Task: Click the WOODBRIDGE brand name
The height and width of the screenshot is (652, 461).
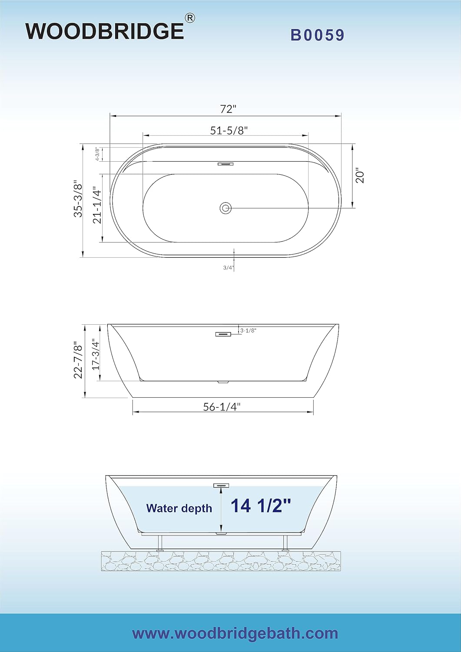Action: (105, 31)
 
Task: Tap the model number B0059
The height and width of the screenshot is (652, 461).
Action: (318, 35)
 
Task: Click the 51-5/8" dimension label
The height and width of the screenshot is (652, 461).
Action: (229, 130)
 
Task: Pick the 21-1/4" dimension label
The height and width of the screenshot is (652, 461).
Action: (97, 206)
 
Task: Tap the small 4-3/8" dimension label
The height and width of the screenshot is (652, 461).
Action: (97, 154)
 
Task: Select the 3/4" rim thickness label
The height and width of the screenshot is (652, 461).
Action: (229, 268)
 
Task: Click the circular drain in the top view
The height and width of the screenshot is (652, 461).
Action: (225, 208)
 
